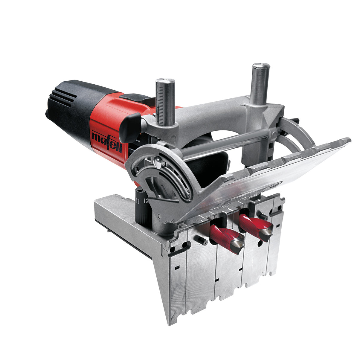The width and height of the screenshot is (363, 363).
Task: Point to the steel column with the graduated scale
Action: [165, 103]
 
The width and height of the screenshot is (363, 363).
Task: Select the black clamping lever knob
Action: [129, 127]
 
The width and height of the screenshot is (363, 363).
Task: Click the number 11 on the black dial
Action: [138, 201]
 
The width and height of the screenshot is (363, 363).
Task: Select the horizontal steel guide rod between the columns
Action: [227, 143]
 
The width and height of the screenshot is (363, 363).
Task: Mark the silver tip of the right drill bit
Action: [267, 232]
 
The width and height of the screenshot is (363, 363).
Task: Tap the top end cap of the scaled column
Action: [165, 81]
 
